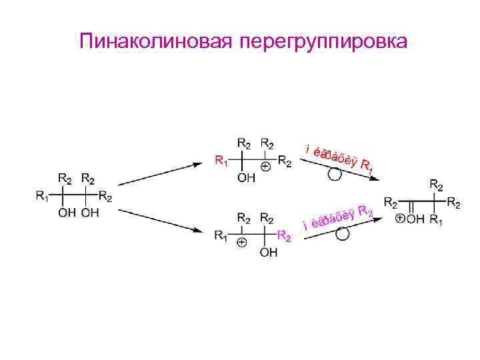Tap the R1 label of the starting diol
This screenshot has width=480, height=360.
tap(42, 196)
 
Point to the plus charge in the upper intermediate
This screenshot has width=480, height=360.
tap(265, 167)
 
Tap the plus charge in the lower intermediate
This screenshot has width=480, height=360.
tap(241, 242)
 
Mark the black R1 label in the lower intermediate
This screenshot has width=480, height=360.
tap(220, 235)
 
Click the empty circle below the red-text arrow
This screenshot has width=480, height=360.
tap(335, 175)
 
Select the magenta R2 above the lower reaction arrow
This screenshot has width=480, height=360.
tap(365, 213)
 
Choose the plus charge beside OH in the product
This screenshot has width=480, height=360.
tap(399, 218)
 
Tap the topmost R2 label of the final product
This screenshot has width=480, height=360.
tap(437, 183)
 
